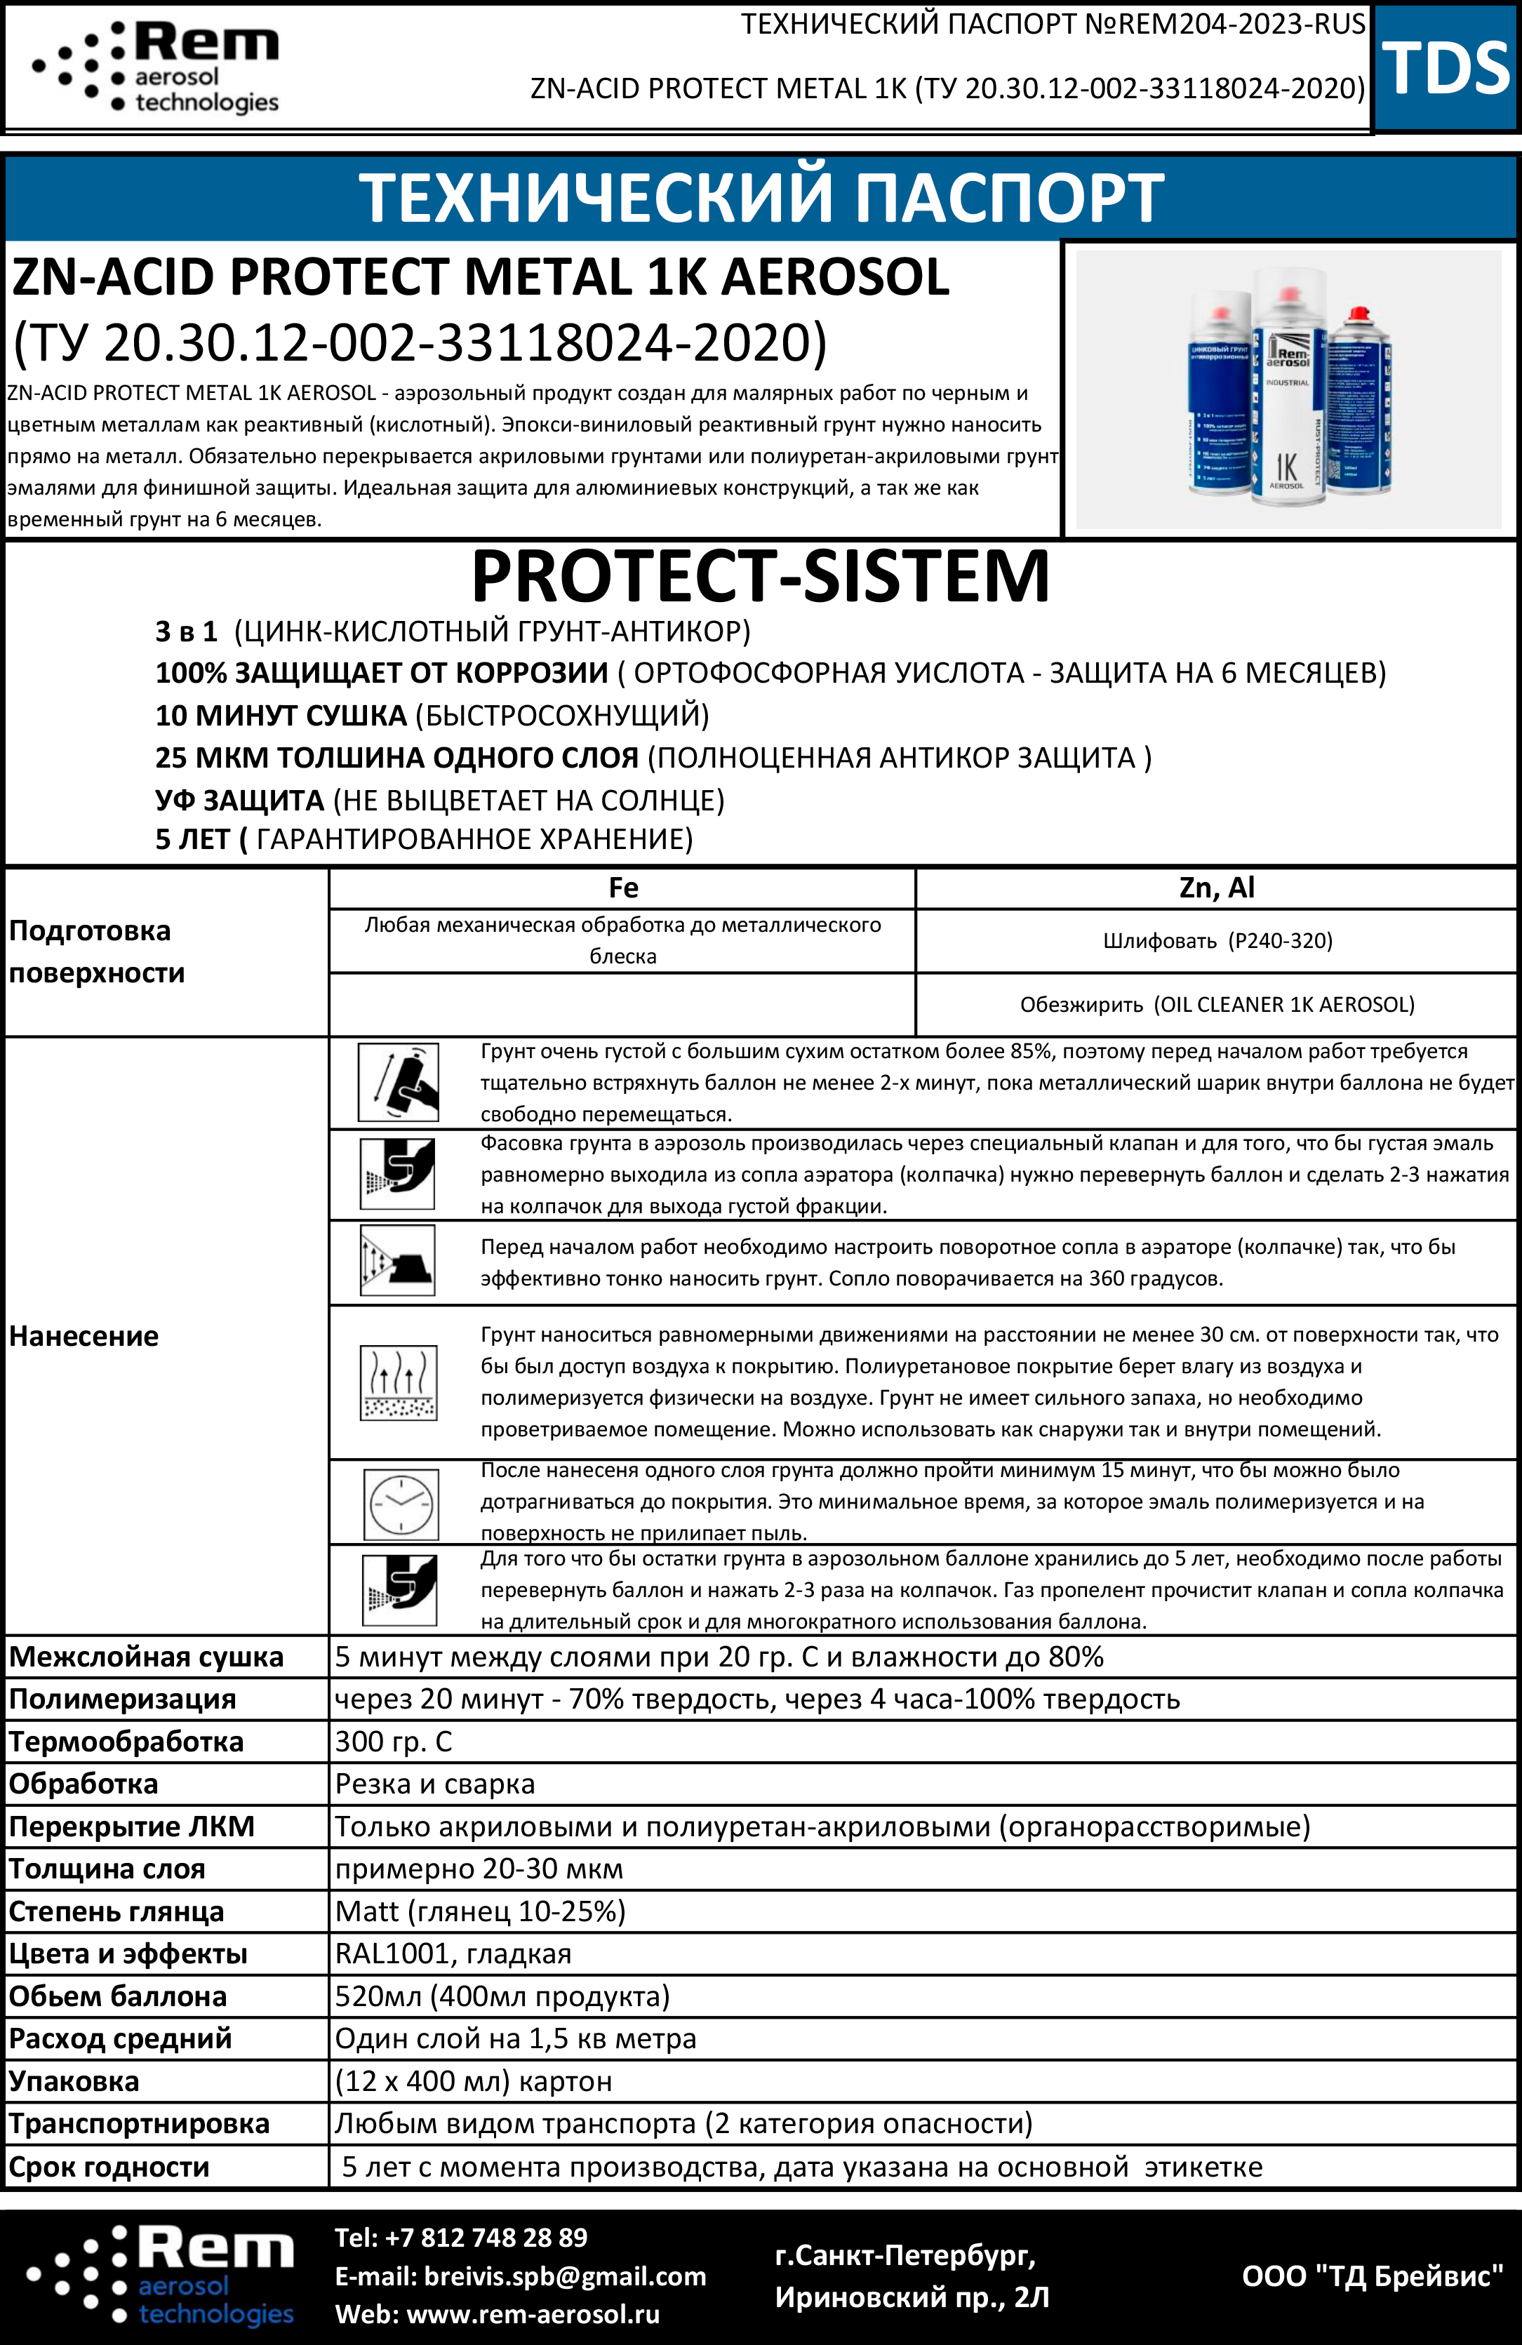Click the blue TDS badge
pos(1445,67)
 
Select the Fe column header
pos(622,888)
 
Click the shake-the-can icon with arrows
pos(398,1083)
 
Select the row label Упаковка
pos(74,2081)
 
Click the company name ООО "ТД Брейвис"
pos(1373,2276)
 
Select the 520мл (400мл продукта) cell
pos(502,1996)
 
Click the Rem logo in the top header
pos(158,67)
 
